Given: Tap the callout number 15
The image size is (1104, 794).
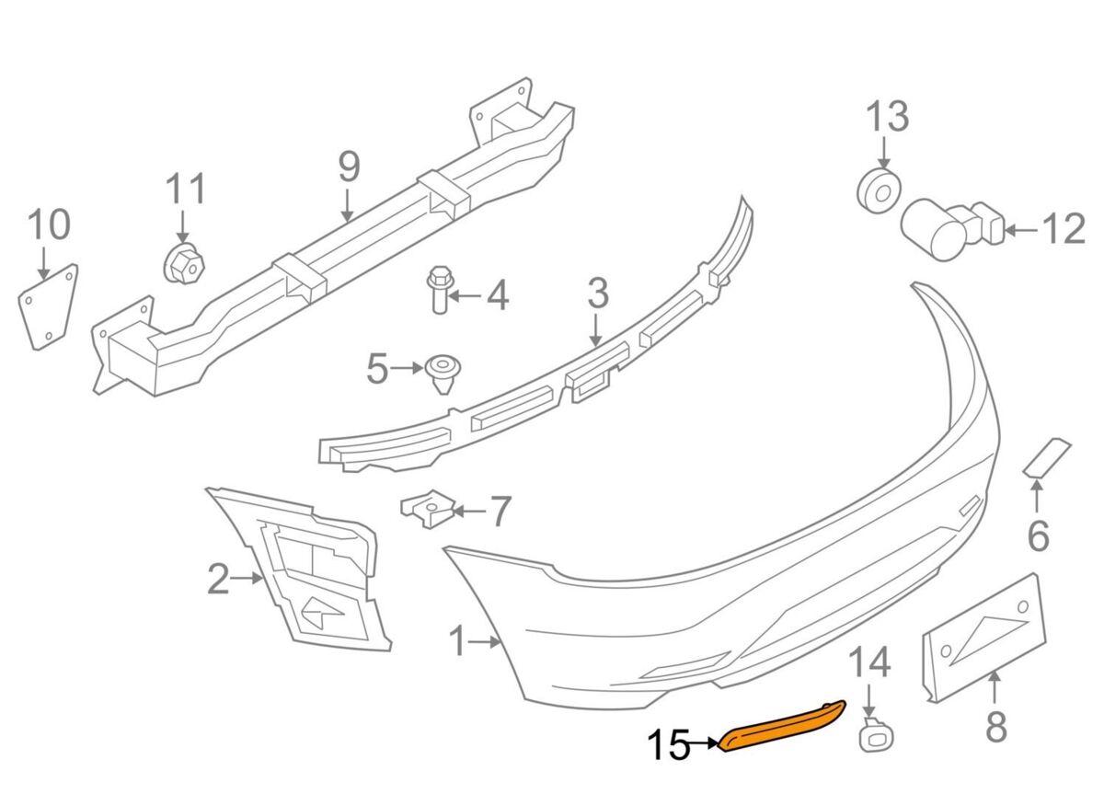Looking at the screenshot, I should coord(669,745).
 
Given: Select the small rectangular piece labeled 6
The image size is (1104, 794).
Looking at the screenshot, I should coord(1048,457).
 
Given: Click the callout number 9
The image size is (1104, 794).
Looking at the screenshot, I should coord(349,167).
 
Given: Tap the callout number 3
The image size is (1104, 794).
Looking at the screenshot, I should coord(597,294).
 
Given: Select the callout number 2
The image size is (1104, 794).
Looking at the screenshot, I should coord(217,579).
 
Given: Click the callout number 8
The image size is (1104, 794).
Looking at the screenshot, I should coord(996,727).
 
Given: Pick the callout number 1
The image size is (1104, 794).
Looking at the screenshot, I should coord(457,641).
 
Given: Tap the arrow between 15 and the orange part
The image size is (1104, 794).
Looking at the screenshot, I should coord(707,742).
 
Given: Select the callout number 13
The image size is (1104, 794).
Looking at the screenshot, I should coord(886,117).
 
